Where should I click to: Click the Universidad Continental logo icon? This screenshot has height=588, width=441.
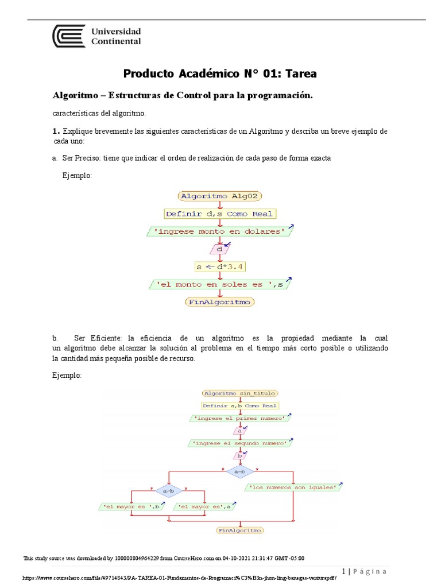point(69,36)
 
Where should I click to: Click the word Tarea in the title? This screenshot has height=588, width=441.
point(296,73)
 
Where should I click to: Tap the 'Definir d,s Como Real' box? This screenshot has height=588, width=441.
point(219,214)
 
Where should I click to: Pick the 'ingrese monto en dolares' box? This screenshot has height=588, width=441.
point(220,231)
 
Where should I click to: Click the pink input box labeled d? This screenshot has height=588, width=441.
point(219,249)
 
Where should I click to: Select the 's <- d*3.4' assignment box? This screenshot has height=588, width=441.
point(220,266)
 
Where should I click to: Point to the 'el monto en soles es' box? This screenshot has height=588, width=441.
point(220,284)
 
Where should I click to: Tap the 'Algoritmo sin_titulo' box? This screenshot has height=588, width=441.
point(239,393)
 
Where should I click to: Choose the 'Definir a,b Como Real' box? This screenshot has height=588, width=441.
point(239,406)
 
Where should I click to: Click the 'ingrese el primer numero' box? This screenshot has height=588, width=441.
point(239,419)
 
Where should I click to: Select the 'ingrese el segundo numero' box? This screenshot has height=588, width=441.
point(239,443)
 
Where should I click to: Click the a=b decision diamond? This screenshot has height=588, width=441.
point(239,471)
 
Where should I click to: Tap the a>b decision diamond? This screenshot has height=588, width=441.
point(169,491)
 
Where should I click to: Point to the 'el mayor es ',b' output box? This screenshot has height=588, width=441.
point(131,506)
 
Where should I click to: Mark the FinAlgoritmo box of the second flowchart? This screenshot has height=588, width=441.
point(239,531)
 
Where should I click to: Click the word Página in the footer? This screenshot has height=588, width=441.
point(370,571)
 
